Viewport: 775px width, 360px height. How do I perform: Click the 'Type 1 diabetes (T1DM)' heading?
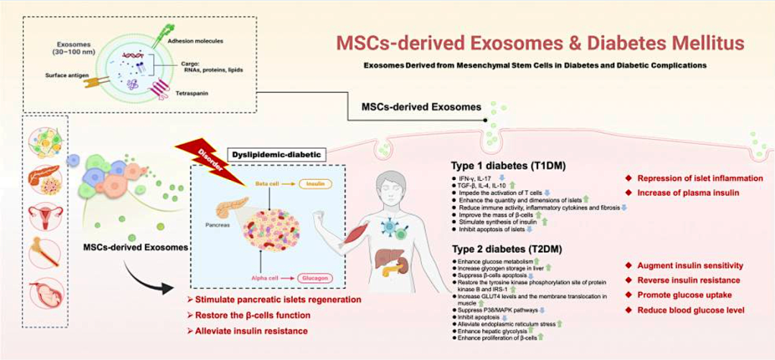(502, 164)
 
